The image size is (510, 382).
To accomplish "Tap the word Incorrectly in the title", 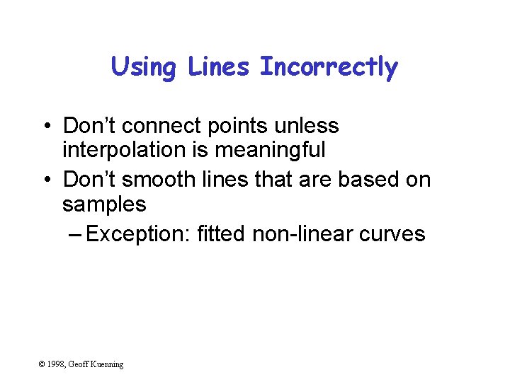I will point(329,68).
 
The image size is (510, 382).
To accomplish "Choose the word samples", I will point(104,205).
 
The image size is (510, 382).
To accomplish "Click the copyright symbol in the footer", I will point(42,364).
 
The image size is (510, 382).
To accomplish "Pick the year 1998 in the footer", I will point(57,364).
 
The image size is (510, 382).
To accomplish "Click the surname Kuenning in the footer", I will point(108,364).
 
